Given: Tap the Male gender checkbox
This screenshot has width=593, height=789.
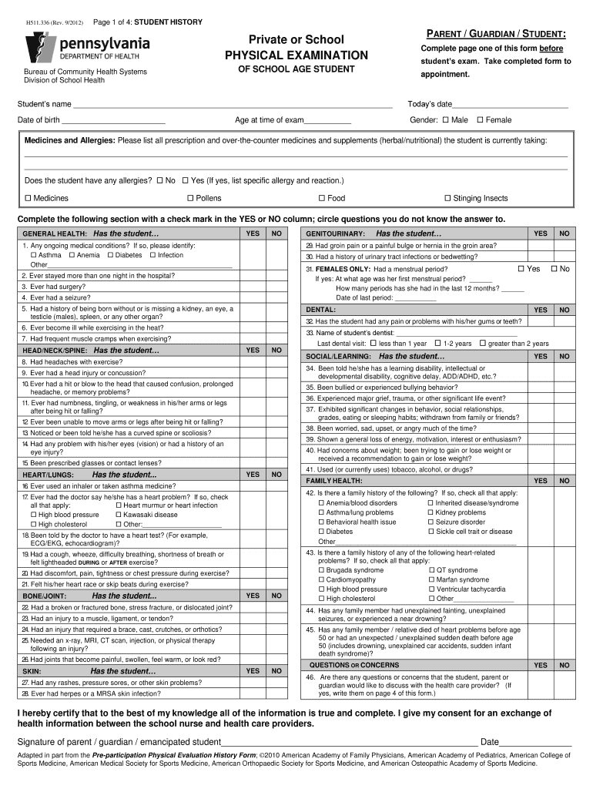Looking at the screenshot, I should pyautogui.click(x=445, y=120).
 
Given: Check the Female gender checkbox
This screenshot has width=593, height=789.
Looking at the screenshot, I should pyautogui.click(x=480, y=120).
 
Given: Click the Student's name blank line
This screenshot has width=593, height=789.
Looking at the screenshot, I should pyautogui.click(x=231, y=106).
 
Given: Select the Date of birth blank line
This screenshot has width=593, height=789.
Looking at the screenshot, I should pyautogui.click(x=113, y=121).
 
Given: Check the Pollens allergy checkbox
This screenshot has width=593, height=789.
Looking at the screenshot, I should pyautogui.click(x=189, y=198).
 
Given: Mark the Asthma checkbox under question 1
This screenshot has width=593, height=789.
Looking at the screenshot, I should pyautogui.click(x=34, y=255).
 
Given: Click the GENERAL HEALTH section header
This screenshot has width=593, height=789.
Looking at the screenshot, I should pyautogui.click(x=91, y=233).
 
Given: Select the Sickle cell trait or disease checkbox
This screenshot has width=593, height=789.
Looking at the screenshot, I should pyautogui.click(x=430, y=531).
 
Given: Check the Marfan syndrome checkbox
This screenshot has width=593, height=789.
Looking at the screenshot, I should pyautogui.click(x=431, y=579).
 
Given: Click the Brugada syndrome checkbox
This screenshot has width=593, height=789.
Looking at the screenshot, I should pyautogui.click(x=321, y=570).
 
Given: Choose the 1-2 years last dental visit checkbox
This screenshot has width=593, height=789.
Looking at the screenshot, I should pyautogui.click(x=437, y=343).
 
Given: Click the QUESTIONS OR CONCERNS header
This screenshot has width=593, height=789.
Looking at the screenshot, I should pyautogui.click(x=353, y=664).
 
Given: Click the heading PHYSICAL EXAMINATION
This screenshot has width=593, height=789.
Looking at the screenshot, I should pyautogui.click(x=296, y=55).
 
